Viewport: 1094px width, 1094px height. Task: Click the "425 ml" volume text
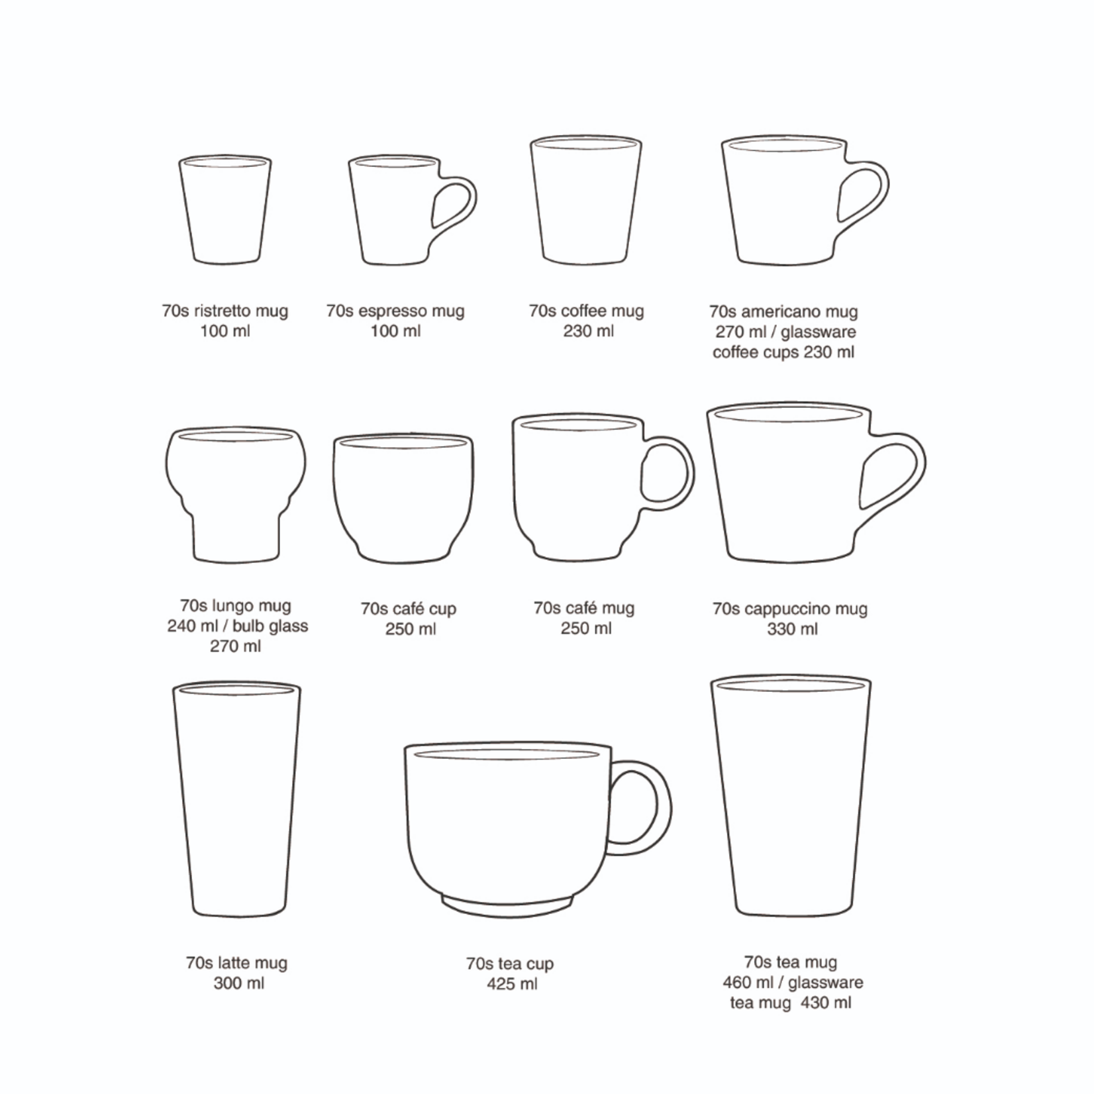pyautogui.click(x=512, y=984)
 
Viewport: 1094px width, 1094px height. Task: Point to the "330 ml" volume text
pyautogui.click(x=792, y=629)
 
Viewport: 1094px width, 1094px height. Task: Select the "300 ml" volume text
pyautogui.click(x=238, y=983)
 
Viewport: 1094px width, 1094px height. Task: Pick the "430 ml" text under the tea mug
pyautogui.click(x=826, y=1003)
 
